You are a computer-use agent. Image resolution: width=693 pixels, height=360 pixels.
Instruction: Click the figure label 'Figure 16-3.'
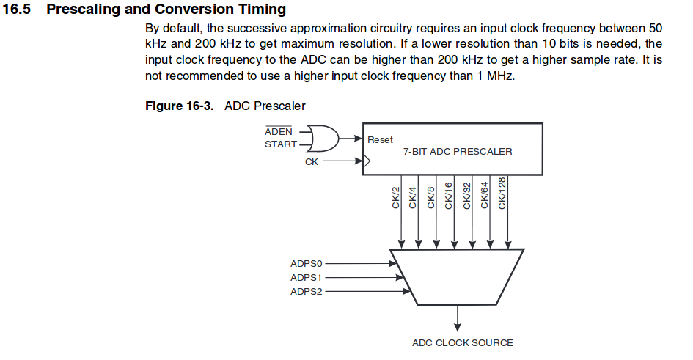click(180, 106)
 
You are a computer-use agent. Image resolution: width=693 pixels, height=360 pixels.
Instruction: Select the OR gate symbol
click(323, 137)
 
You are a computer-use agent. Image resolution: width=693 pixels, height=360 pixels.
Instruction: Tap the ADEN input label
click(279, 131)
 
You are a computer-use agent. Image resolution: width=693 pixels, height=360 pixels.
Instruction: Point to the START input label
click(281, 144)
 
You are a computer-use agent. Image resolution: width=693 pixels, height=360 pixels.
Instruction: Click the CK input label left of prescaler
click(312, 161)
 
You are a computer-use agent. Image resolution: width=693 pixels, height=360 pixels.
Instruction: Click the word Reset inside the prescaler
click(380, 139)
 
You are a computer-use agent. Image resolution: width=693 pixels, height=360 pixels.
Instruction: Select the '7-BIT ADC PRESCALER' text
click(458, 151)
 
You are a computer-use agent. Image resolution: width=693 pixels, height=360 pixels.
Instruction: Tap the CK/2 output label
click(397, 197)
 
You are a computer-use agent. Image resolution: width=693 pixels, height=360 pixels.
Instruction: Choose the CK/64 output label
click(484, 196)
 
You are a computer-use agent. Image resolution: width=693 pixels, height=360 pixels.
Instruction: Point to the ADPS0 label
click(307, 262)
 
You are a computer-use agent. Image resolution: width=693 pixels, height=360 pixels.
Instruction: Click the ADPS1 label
click(307, 277)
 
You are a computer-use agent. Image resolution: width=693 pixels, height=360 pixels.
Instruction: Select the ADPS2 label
click(307, 292)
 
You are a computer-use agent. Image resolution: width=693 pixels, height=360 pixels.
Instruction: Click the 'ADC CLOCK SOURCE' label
click(462, 342)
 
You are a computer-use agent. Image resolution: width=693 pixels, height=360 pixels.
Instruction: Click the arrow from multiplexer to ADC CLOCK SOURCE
click(458, 317)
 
